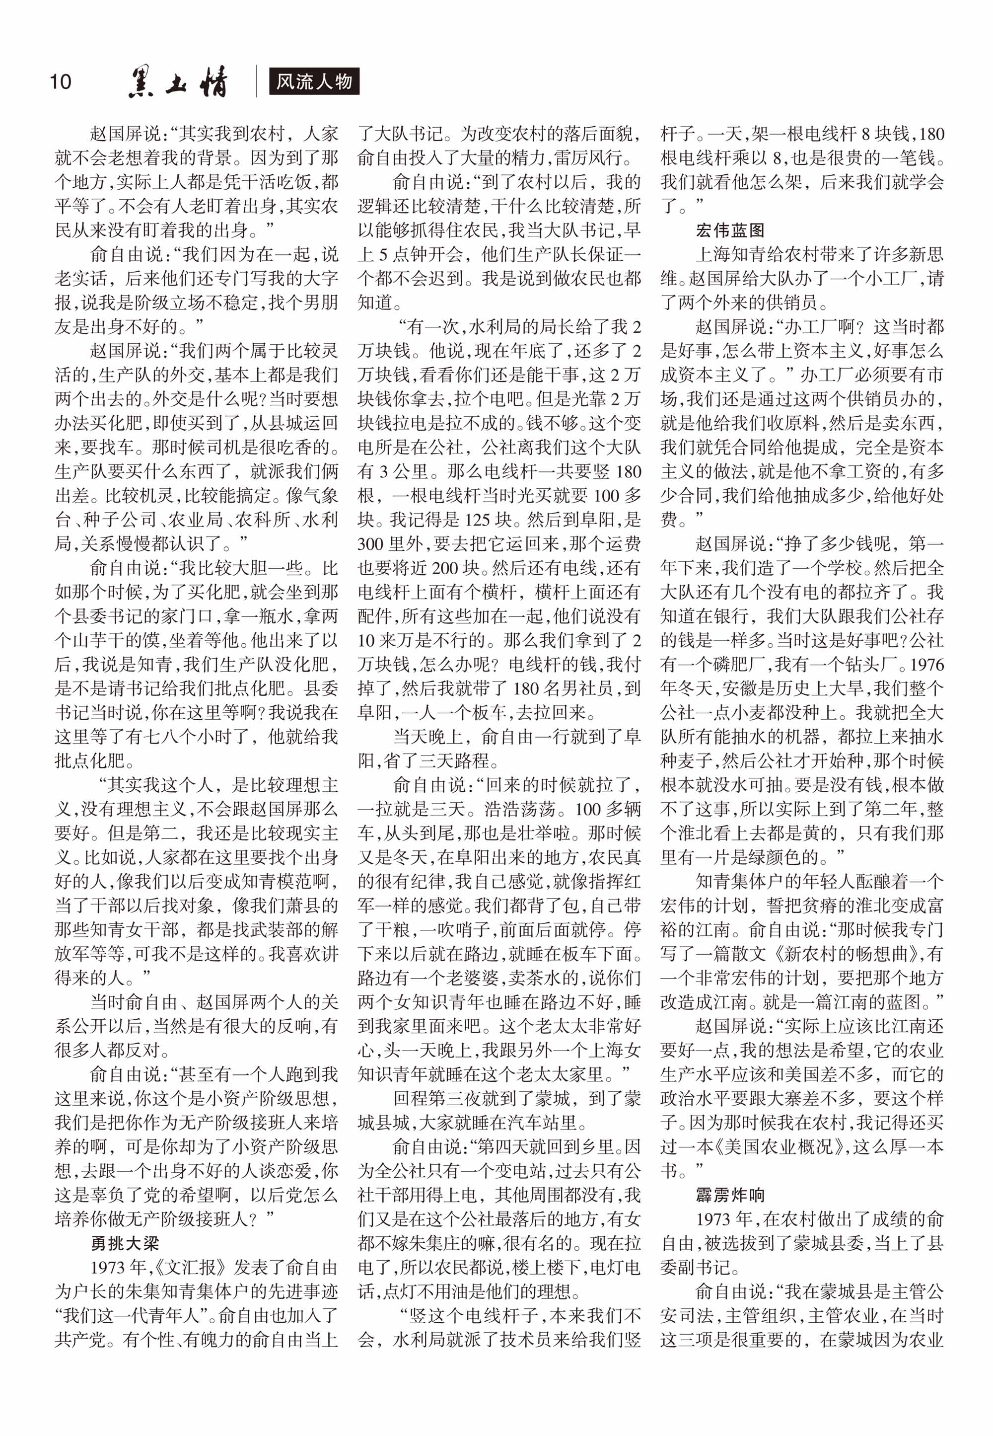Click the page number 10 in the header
[61, 81]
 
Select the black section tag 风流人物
[314, 81]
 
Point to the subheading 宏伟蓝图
[730, 230]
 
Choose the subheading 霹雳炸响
[730, 1195]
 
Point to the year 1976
[926, 665]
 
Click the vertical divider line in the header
[256, 81]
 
